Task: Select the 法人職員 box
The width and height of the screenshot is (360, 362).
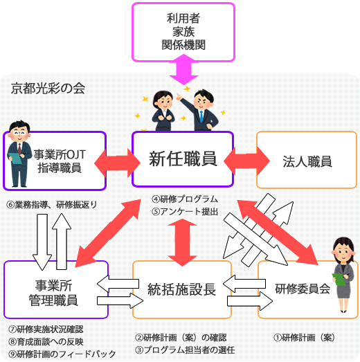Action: click(x=307, y=162)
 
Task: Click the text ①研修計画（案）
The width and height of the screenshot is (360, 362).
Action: click(x=305, y=338)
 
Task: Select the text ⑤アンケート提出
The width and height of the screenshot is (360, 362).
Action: click(x=186, y=211)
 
